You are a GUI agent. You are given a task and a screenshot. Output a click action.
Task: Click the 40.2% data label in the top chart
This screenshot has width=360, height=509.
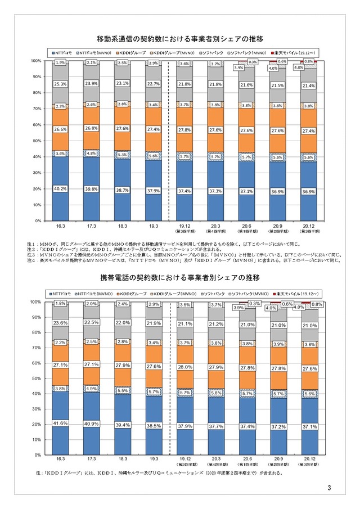[61, 188]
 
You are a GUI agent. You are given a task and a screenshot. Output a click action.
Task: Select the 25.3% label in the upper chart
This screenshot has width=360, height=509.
[61, 84]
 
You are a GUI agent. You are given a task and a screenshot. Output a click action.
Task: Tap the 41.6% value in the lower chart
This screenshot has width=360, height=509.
[61, 423]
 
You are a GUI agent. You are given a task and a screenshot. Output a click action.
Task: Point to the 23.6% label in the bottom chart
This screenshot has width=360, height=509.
[61, 323]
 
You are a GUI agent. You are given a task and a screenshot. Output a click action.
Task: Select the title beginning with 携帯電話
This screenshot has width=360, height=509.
[180, 278]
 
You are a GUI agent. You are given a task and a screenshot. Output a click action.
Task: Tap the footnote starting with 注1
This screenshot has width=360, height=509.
[169, 243]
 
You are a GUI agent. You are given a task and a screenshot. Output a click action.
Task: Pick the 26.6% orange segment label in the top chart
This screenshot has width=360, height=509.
[61, 130]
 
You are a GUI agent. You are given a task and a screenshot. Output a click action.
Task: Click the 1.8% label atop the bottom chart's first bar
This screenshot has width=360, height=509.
[61, 304]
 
